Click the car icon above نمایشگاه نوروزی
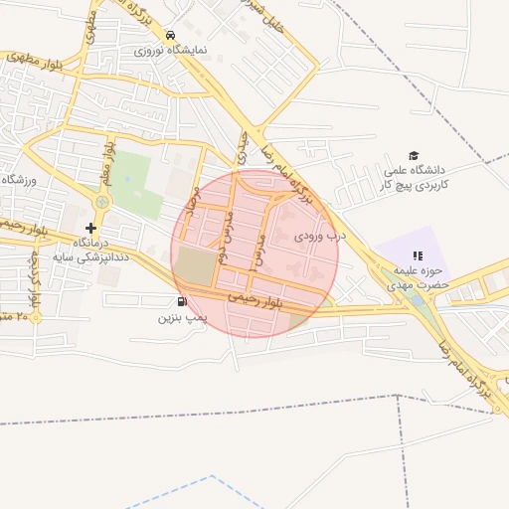point(171,33)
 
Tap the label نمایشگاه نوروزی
point(171,48)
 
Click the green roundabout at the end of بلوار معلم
point(101,203)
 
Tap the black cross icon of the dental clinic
point(90,228)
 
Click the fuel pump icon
point(181,301)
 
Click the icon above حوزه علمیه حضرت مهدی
point(418,255)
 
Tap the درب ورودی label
point(321,237)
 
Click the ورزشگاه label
point(18,179)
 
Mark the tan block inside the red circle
point(195,265)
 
